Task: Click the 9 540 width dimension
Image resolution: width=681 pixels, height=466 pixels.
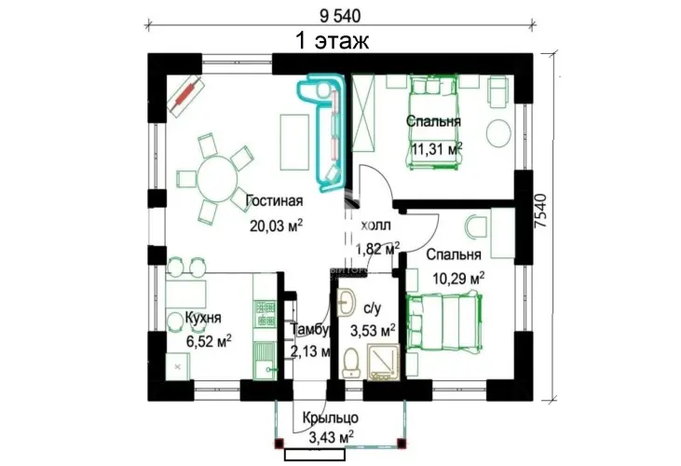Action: (340, 16)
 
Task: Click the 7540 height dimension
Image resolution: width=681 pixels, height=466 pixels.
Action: (540, 211)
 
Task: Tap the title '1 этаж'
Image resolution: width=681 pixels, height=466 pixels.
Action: (333, 40)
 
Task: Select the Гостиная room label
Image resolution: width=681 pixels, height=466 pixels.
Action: (274, 201)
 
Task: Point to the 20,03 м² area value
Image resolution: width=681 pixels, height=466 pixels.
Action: (276, 226)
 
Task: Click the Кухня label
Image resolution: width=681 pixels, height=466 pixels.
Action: (203, 318)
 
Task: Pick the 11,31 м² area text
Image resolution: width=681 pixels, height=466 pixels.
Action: (437, 149)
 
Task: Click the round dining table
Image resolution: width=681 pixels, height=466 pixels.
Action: (218, 179)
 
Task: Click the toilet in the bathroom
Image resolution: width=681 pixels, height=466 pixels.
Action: (351, 363)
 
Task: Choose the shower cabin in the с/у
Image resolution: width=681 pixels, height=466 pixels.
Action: (383, 362)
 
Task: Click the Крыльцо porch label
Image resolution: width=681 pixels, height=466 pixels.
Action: (331, 418)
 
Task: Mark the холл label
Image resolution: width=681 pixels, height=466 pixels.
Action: (376, 226)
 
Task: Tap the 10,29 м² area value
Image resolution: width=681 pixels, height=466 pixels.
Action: (458, 278)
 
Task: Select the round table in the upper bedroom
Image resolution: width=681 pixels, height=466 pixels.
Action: (498, 133)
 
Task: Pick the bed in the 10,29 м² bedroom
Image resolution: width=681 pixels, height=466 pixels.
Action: (444, 322)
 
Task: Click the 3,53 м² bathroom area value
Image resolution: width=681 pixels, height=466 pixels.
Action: (373, 332)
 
